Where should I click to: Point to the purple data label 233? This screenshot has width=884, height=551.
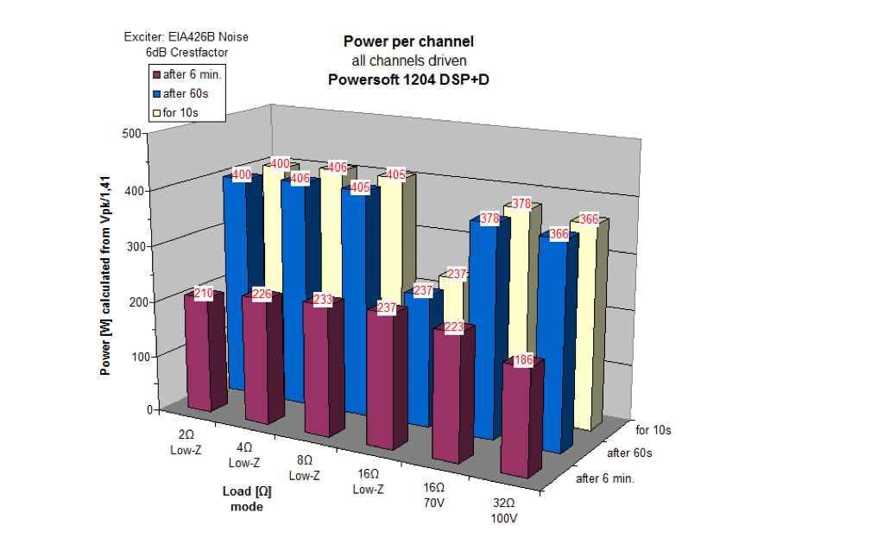322,301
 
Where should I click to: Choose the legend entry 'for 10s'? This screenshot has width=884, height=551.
181,112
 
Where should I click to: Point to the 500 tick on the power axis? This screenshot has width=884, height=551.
131,134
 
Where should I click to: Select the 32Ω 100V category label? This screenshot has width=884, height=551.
503,510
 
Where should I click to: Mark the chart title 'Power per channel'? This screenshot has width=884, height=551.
408,41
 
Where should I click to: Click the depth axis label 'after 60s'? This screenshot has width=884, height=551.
628,453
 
